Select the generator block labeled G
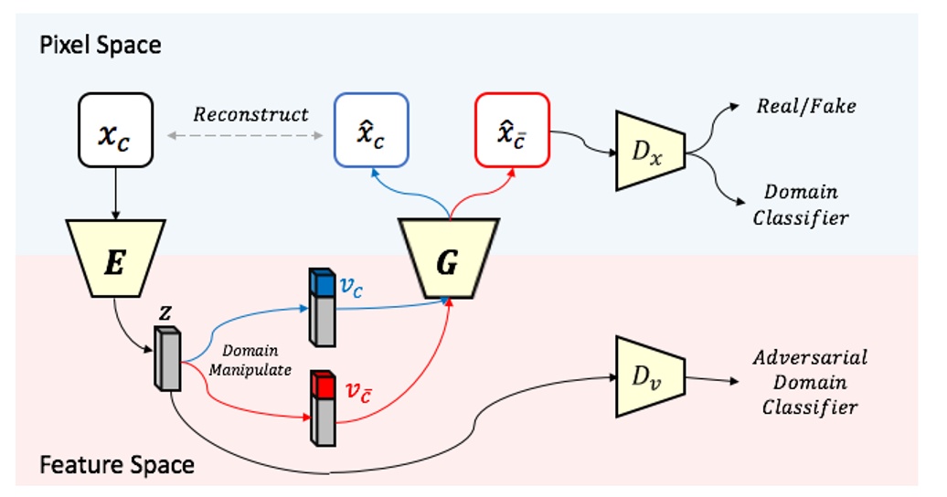tap(447, 259)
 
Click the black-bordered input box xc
tap(115, 130)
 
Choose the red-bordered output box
tap(511, 130)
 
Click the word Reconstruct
tap(250, 115)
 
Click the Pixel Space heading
tap(101, 45)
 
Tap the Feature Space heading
tap(117, 465)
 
